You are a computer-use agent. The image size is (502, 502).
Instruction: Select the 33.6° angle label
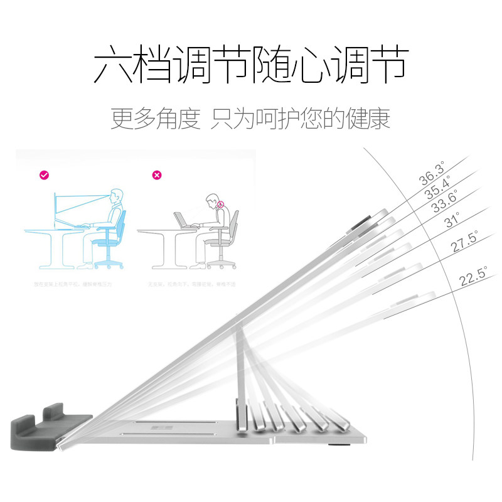[445, 202]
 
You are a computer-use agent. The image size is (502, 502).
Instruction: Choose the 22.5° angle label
[474, 277]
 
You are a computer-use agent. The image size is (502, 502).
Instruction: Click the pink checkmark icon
[44, 176]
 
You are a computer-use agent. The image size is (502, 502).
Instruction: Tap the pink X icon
[158, 176]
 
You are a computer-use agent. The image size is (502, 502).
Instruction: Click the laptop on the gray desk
[181, 219]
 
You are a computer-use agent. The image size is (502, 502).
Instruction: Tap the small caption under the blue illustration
[72, 284]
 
